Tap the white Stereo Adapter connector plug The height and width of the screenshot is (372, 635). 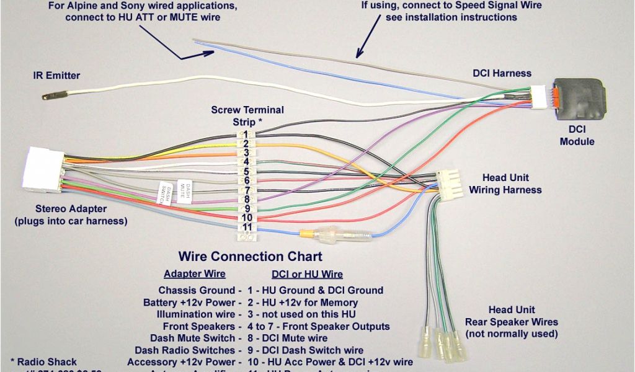[43, 168]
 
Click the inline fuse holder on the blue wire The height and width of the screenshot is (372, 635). [335, 235]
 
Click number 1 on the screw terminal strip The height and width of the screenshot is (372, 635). [246, 135]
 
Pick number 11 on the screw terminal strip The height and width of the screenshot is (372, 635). [247, 228]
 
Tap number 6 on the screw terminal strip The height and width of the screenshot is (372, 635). [246, 180]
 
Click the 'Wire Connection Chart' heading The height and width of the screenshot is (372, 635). [251, 256]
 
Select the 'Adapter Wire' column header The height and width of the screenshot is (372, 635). [194, 274]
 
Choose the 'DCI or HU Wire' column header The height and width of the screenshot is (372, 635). [307, 274]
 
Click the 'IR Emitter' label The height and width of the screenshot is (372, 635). [56, 76]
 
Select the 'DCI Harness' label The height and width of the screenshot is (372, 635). [502, 73]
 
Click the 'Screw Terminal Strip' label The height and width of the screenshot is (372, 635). [247, 115]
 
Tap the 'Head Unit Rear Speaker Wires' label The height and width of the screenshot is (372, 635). [512, 322]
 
